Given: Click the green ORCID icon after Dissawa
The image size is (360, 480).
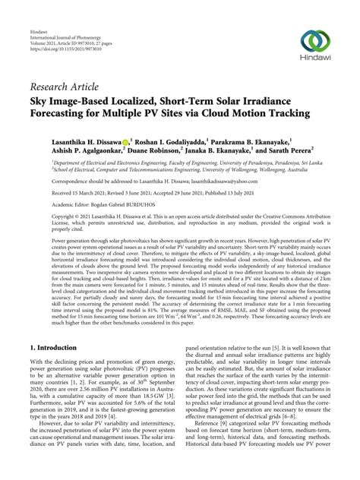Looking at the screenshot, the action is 125,141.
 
